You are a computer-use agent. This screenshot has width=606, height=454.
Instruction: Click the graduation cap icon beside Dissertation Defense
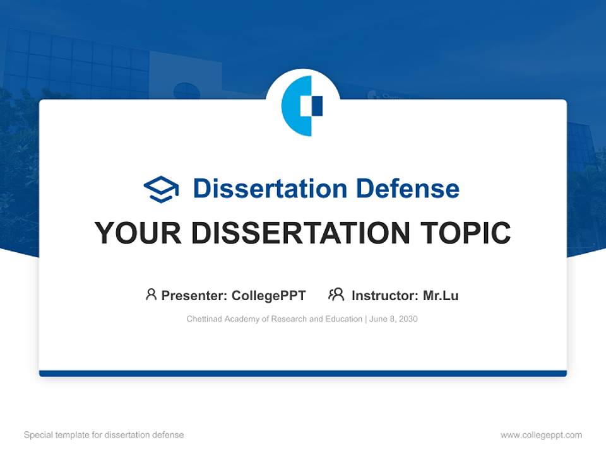(161, 189)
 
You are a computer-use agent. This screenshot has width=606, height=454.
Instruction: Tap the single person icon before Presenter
(151, 294)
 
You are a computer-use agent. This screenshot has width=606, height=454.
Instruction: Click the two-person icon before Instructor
(336, 294)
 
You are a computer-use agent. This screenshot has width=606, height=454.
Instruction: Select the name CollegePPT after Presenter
(269, 296)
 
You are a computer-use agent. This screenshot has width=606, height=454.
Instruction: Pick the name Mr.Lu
(441, 296)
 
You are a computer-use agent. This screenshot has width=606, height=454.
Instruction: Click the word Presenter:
(194, 296)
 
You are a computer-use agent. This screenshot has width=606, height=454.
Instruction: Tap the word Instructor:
(385, 296)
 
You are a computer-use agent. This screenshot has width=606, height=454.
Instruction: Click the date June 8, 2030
(393, 319)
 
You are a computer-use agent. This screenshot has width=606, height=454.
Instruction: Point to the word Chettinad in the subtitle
(204, 319)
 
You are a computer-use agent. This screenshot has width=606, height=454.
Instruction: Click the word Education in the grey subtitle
(344, 319)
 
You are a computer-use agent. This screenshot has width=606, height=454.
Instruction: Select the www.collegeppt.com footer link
(541, 435)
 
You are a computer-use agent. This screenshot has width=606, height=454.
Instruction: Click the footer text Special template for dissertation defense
(104, 435)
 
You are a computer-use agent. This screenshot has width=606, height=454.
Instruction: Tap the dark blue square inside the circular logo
(317, 106)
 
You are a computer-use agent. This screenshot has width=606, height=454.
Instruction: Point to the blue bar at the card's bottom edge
(303, 373)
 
